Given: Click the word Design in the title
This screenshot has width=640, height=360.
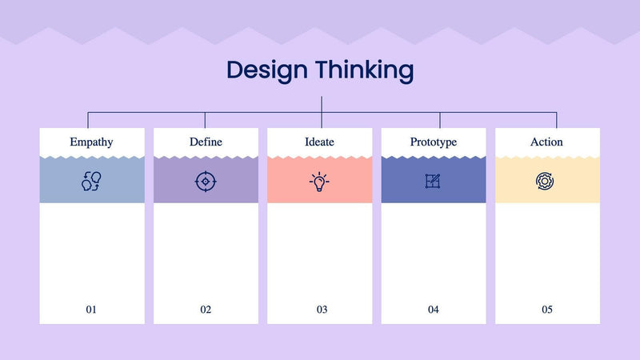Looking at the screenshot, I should pyautogui.click(x=266, y=70).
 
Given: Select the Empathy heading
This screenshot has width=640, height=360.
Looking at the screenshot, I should pyautogui.click(x=91, y=142).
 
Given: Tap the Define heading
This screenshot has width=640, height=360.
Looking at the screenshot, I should pyautogui.click(x=206, y=142).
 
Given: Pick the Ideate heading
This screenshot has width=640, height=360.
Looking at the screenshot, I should pyautogui.click(x=319, y=142).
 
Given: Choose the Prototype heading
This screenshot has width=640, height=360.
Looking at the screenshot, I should pyautogui.click(x=433, y=142).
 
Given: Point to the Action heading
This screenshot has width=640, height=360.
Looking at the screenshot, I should pyautogui.click(x=546, y=142).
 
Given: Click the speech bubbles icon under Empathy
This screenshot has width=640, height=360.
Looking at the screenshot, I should pyautogui.click(x=91, y=181).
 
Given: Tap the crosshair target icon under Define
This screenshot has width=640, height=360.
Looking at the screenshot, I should pyautogui.click(x=206, y=181).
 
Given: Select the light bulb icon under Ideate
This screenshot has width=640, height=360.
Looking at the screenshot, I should pyautogui.click(x=319, y=182).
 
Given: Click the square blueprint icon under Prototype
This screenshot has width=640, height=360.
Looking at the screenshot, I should pyautogui.click(x=433, y=181).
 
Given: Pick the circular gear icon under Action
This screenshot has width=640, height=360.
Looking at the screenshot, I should pyautogui.click(x=546, y=181).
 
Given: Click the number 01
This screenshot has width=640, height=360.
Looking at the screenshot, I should pyautogui.click(x=91, y=310).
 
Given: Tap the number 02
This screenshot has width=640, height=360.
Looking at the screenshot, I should pyautogui.click(x=206, y=310).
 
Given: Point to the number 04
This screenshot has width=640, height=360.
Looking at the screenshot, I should pyautogui.click(x=434, y=310).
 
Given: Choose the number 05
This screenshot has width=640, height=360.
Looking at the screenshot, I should pyautogui.click(x=547, y=310).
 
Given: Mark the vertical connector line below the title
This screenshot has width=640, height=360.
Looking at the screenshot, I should pyautogui.click(x=322, y=104).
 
